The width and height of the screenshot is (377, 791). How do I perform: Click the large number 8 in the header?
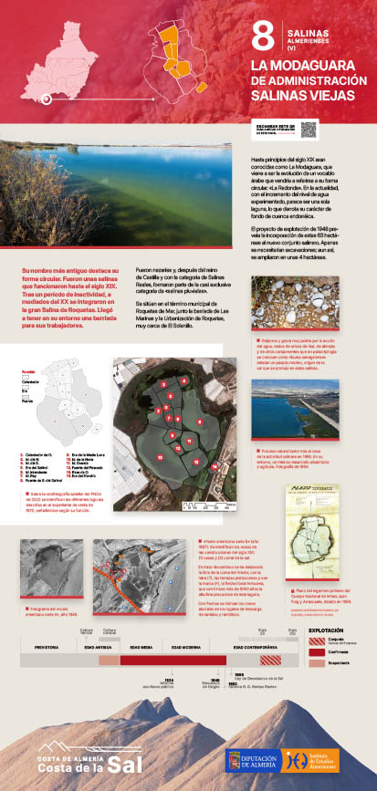coord(263,36)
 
